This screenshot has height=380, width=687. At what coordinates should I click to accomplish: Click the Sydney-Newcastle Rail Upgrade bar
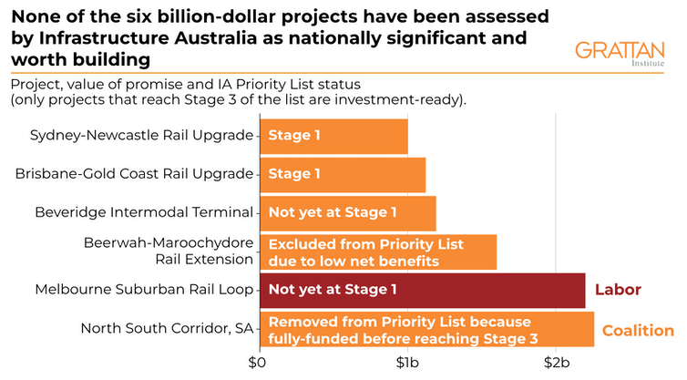333,136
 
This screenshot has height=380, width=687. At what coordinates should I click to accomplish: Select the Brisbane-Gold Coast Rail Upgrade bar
343,174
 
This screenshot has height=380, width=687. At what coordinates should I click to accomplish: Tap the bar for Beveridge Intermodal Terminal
348,212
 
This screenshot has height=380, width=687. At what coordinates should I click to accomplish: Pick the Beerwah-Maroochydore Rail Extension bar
378,252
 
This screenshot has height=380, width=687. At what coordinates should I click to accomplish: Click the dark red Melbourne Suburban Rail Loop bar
422,291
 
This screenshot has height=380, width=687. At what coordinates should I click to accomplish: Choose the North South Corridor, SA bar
426,329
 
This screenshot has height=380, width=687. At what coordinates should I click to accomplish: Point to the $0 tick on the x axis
259,364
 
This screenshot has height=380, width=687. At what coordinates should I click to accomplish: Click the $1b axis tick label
407,364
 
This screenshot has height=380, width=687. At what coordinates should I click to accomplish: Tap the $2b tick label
557,364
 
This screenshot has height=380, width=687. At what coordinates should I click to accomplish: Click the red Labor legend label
619,291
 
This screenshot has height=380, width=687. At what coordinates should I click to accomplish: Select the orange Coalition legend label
637,330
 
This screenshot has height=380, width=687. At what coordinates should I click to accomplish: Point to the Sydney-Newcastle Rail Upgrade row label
141,136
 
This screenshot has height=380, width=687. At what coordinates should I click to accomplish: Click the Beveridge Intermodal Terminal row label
143,212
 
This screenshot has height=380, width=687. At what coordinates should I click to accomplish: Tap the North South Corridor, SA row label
166,329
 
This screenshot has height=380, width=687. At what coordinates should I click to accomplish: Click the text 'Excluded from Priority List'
365,244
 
